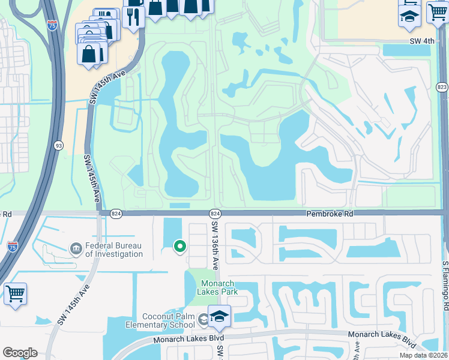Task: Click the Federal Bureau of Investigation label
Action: (114, 249)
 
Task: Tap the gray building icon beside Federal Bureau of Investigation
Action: (76, 248)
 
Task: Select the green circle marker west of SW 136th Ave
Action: (179, 246)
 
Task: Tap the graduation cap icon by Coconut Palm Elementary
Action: (220, 317)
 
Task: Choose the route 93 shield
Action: (59, 145)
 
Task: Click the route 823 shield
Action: (442, 88)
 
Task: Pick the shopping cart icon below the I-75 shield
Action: (16, 295)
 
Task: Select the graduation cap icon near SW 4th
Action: (409, 16)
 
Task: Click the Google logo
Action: (20, 353)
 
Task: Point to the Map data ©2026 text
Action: (424, 355)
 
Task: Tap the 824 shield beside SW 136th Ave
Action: (214, 214)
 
